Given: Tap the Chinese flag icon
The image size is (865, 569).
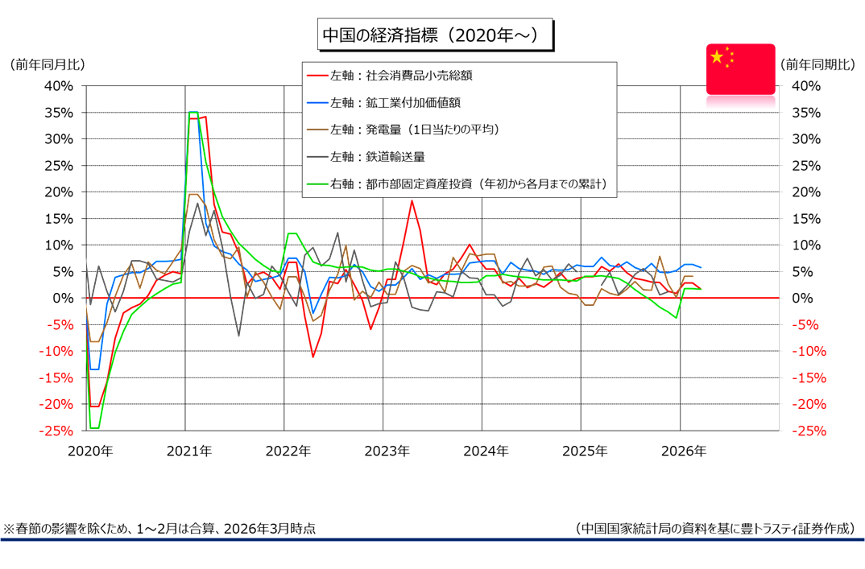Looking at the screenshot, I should click(740, 69).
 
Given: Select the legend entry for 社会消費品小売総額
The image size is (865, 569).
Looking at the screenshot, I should click(401, 76).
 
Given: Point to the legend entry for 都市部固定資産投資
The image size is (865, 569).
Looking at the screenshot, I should click(470, 184).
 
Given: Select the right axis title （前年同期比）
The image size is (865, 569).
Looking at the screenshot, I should click(817, 64).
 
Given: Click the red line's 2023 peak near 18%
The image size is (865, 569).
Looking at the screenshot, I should click(412, 200).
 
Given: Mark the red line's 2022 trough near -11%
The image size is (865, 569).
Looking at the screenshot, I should click(313, 357).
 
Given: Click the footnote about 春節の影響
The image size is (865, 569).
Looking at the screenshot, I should click(159, 529).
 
